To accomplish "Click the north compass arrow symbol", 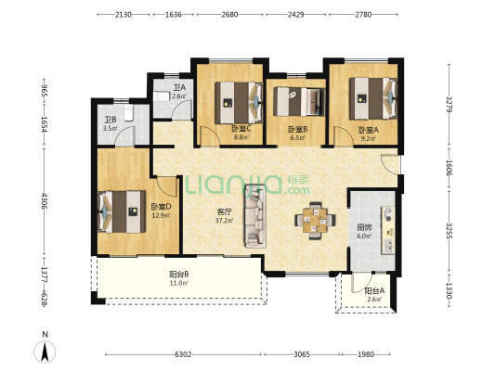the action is [x=45, y=352].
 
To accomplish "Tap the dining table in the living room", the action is [x=315, y=221].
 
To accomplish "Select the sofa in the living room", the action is [x=254, y=216].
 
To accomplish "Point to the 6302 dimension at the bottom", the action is [x=183, y=354].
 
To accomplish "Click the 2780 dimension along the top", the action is [x=363, y=15].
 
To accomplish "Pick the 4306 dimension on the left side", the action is [x=44, y=201].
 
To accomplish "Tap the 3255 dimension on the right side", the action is [x=449, y=230].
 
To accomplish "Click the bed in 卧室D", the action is [x=122, y=211].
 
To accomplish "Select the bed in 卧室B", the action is [x=299, y=101].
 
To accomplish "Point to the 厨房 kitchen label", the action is [x=364, y=227].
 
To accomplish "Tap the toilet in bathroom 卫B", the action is [x=128, y=113].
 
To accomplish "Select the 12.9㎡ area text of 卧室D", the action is [x=162, y=216].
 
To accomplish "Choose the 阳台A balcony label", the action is [x=374, y=291].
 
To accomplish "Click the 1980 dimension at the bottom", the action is [x=366, y=354].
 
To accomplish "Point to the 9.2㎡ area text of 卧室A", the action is [x=368, y=138].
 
